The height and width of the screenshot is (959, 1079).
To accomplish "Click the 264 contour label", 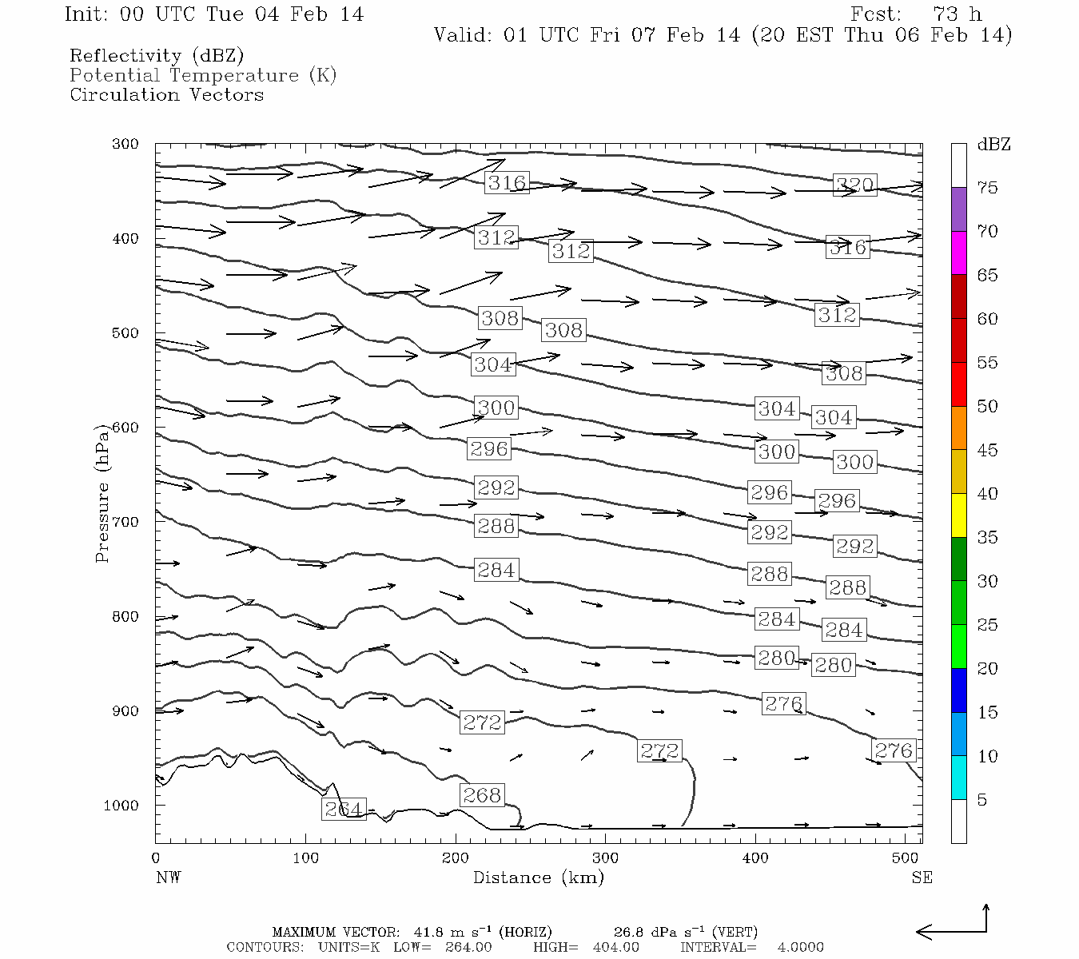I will [344, 809].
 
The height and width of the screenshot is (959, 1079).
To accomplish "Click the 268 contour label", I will [482, 795].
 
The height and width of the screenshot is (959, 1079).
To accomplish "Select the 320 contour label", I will [854, 185].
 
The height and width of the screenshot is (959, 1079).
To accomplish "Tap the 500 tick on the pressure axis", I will [125, 333].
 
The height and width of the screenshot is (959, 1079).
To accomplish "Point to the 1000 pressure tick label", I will [121, 806].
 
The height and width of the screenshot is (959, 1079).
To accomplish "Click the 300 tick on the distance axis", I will [605, 858].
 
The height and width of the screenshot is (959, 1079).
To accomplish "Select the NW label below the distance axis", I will [168, 877].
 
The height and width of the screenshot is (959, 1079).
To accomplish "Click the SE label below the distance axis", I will [922, 877].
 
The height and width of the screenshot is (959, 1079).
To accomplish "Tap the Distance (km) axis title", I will [538, 877].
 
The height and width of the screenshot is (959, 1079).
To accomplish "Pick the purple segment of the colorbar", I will [958, 209].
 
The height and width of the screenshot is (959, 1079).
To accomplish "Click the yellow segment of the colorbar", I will [958, 515].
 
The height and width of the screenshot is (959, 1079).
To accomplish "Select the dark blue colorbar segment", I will [958, 690].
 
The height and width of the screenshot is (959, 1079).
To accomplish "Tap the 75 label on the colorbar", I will [988, 188].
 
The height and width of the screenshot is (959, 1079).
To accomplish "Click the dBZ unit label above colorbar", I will [993, 145].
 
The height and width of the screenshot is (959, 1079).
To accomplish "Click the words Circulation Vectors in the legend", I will [166, 94].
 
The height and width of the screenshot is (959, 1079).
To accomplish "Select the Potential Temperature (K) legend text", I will [203, 75].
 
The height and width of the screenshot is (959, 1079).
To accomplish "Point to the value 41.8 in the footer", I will [428, 932].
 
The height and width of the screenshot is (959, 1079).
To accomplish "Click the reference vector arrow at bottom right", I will [952, 927].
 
